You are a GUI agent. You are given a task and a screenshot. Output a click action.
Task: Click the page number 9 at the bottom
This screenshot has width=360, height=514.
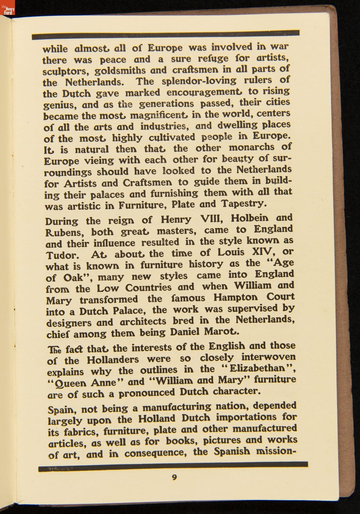[x=174, y=477]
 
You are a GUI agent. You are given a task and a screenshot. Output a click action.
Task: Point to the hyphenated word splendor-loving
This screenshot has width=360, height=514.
[x=199, y=81]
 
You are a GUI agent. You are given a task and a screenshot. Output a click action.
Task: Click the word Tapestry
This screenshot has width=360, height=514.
[x=244, y=203]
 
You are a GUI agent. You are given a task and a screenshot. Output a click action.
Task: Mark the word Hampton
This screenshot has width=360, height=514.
[x=235, y=298]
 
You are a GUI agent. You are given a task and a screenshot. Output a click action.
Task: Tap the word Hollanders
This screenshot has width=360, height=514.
[x=113, y=359]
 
